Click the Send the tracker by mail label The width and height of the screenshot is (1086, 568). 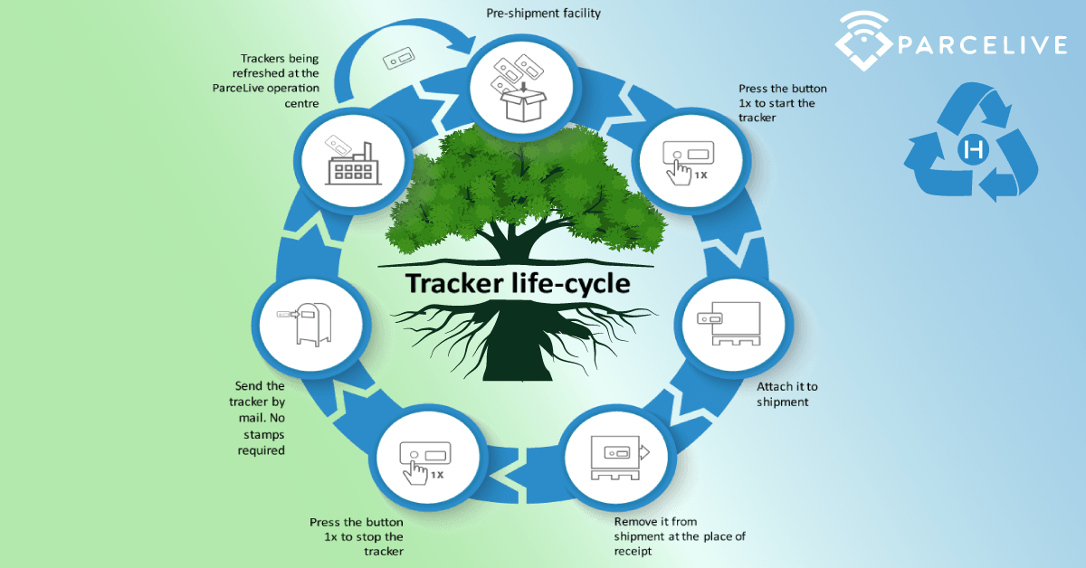click(260, 418)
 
